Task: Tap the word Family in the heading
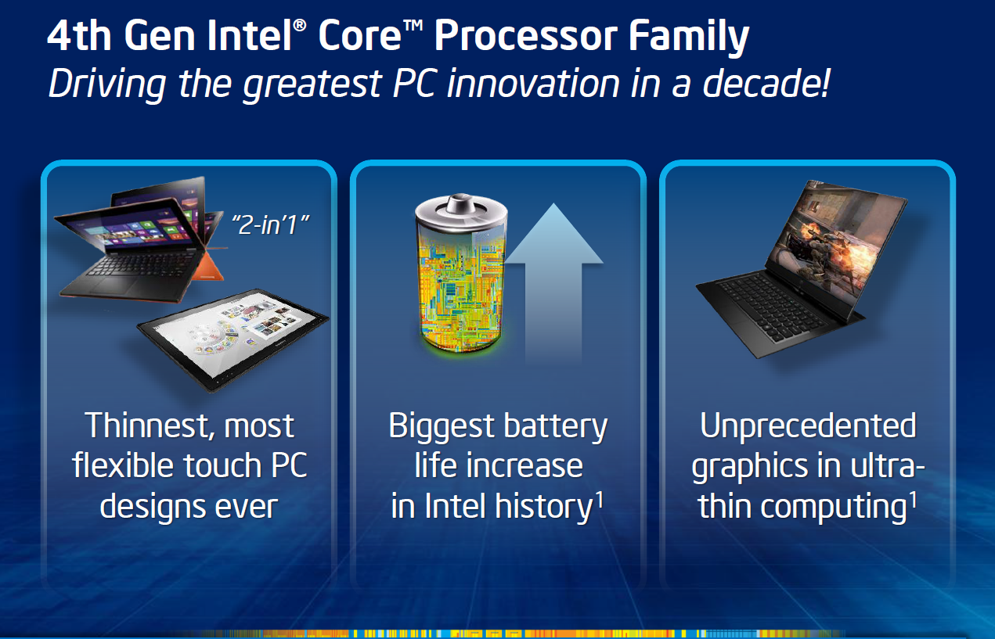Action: pos(689,37)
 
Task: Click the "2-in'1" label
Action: pos(271,224)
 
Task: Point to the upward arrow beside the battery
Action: pos(553,284)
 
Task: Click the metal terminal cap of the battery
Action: pos(461,205)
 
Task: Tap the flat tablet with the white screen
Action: pos(233,339)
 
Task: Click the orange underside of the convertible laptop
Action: pos(210,270)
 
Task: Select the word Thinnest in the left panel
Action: pos(145,426)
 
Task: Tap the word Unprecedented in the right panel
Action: pos(808,426)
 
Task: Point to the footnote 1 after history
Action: pos(600,499)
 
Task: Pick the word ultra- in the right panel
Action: pos(888,466)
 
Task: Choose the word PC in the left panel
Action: pos(289,466)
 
